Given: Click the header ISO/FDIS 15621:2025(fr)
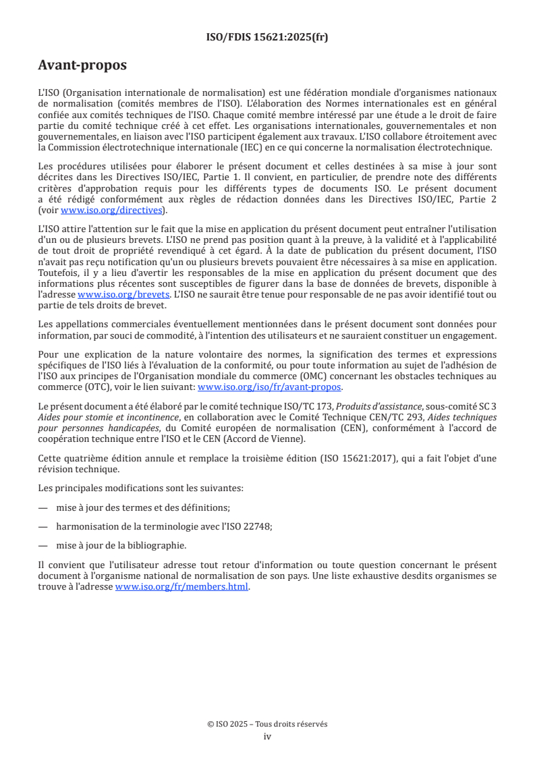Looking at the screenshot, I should pyautogui.click(x=267, y=37).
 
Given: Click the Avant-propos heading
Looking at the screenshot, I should pyautogui.click(x=82, y=65).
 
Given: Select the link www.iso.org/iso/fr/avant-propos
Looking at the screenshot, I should pyautogui.click(x=270, y=387).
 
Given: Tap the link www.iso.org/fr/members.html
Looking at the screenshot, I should pyautogui.click(x=182, y=587).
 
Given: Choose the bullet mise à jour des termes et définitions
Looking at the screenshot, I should pyautogui.click(x=138, y=507).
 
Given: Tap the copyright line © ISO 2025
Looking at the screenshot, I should pyautogui.click(x=267, y=724).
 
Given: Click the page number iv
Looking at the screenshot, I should pyautogui.click(x=267, y=736).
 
